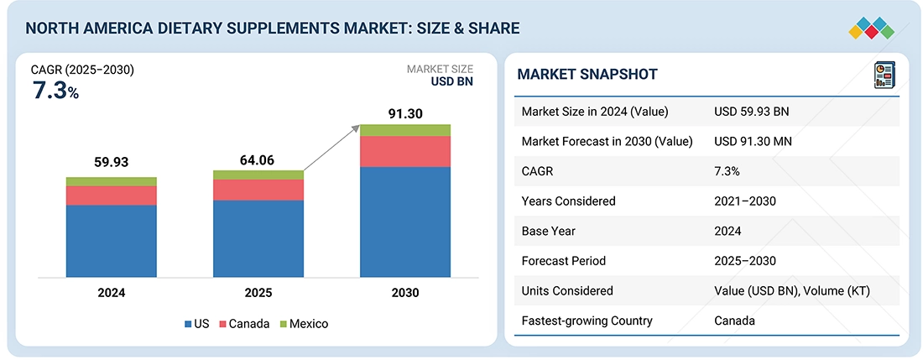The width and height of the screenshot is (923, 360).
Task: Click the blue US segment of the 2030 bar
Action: point(405,222)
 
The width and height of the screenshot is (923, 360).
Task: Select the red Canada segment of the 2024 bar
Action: point(112,196)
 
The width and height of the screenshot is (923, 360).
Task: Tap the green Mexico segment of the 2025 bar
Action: point(258,175)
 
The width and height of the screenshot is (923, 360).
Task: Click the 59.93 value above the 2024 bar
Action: point(112,162)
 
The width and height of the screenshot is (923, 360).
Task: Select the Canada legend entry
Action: point(246,323)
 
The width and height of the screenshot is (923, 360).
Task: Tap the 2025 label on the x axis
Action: point(258,293)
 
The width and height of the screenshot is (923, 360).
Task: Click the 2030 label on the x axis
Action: point(404,293)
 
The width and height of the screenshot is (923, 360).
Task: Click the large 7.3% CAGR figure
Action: point(55,92)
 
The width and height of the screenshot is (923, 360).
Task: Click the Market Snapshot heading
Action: point(587,75)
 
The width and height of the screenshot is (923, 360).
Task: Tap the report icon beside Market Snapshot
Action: point(884,75)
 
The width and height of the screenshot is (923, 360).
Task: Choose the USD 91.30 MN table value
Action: point(753,141)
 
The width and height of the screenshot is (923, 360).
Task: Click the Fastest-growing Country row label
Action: point(587,321)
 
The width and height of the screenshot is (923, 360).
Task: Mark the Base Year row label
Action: point(549,231)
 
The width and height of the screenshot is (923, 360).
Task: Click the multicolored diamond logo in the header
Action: point(871,27)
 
